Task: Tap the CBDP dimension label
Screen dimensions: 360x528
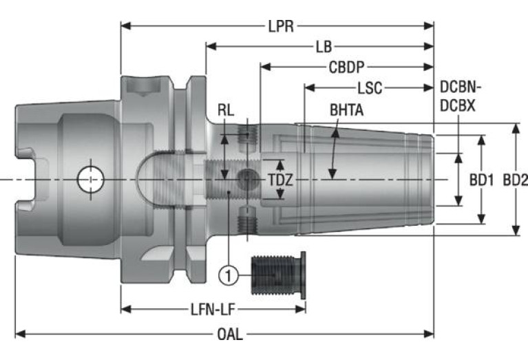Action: coord(346,67)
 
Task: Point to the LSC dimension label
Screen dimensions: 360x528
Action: coord(369,88)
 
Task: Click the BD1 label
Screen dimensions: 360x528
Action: coord(482,180)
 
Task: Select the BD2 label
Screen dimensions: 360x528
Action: coord(515,180)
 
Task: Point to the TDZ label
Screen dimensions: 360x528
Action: coord(280,180)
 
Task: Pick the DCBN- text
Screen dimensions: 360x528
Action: coord(461,87)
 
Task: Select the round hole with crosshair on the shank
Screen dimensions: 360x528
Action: coord(89,180)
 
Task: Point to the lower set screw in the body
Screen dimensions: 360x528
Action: coord(246,222)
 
